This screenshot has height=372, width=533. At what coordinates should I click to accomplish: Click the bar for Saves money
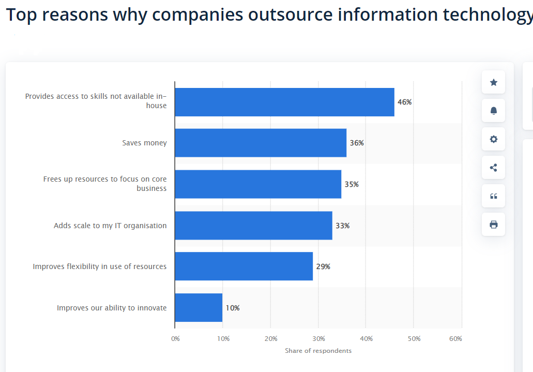pos(261,143)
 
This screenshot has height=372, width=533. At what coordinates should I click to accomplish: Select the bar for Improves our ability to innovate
pos(199,308)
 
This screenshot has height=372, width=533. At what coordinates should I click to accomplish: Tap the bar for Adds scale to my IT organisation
pos(253,226)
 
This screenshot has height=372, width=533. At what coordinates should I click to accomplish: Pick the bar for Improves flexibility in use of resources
pos(243,266)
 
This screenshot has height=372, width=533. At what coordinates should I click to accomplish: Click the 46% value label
pos(404,102)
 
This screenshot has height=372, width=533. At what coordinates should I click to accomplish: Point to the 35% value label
pos(352,184)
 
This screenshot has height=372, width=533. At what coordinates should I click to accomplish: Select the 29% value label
pos(323,266)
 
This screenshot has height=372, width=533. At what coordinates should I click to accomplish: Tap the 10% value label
pos(233,308)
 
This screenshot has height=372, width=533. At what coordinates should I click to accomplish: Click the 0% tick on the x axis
pos(175,339)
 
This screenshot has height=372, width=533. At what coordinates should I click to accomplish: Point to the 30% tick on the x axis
pos(318,339)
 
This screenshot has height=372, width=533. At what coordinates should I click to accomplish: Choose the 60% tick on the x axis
pos(455,339)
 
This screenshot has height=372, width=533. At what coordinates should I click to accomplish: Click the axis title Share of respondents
pos(318,351)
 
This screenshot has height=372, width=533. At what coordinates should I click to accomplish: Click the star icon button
pos(493,82)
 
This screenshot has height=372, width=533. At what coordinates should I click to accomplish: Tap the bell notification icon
pos(493,111)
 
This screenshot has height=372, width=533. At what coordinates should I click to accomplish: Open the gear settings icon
pos(493,139)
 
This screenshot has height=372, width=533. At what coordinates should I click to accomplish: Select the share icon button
pos(493,168)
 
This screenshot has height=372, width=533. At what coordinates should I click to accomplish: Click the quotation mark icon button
pos(493,196)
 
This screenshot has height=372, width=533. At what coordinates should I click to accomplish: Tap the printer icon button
pos(493,225)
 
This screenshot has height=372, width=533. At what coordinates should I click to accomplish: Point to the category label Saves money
pos(144,143)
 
